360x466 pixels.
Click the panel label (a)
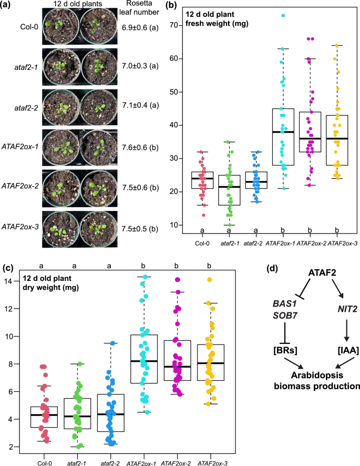pos(8,7)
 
